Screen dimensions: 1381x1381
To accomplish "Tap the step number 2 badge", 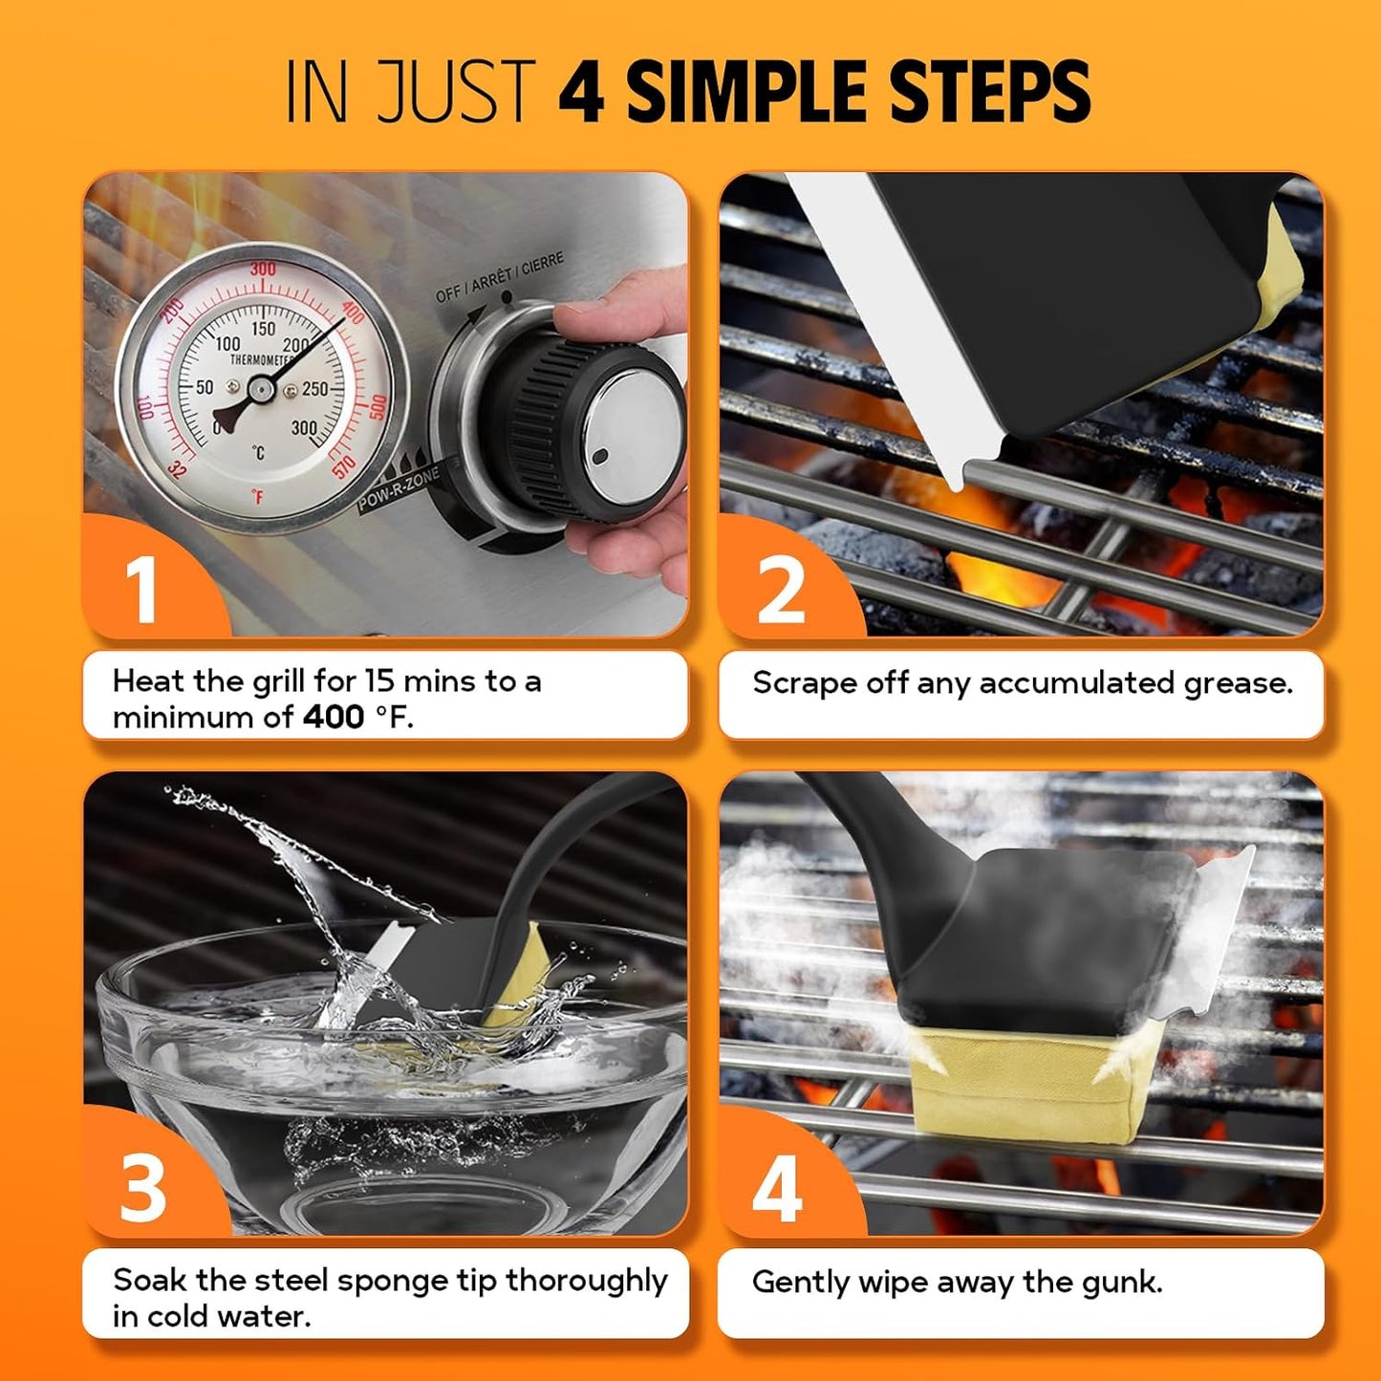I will (781, 590).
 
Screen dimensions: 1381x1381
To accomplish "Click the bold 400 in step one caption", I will (334, 717).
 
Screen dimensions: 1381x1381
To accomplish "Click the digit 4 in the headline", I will (581, 92).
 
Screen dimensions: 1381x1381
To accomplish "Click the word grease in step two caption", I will (1238, 684).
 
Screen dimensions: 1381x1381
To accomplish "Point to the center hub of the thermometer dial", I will (260, 388).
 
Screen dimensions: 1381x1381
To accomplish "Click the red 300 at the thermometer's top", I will (263, 270).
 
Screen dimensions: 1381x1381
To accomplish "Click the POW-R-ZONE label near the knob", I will (399, 491).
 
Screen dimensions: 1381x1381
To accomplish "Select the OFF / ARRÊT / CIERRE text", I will (499, 277).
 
